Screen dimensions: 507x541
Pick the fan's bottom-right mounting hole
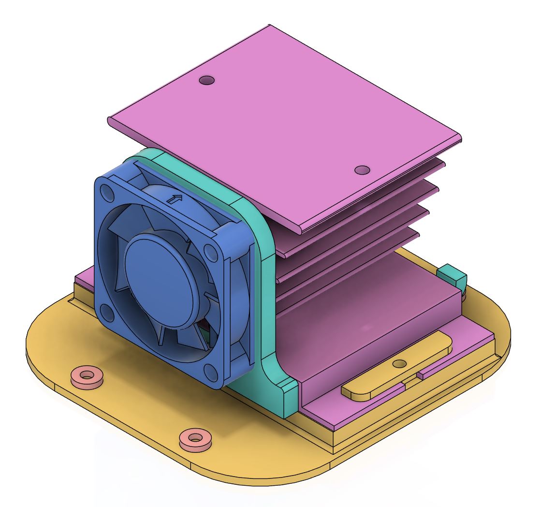[x=211, y=371]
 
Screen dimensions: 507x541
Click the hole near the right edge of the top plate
[x=362, y=170]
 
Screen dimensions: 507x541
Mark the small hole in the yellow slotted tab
[x=399, y=363]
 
